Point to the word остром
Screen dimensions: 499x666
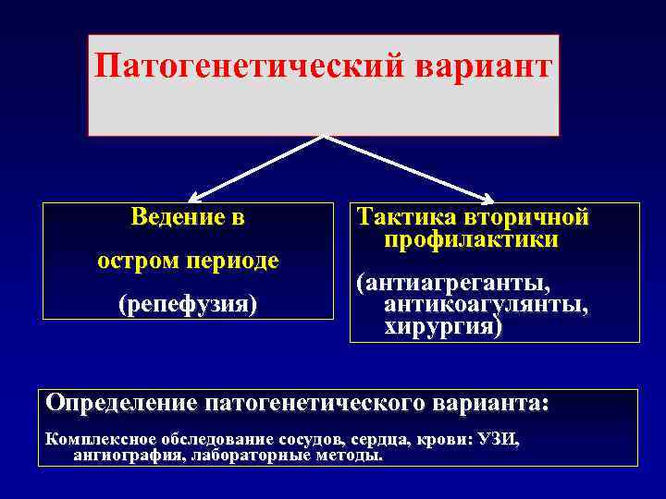[140, 261]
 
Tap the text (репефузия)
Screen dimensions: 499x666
[188, 303]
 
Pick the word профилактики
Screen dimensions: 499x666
[472, 239]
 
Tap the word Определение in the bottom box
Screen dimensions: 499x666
[121, 404]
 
